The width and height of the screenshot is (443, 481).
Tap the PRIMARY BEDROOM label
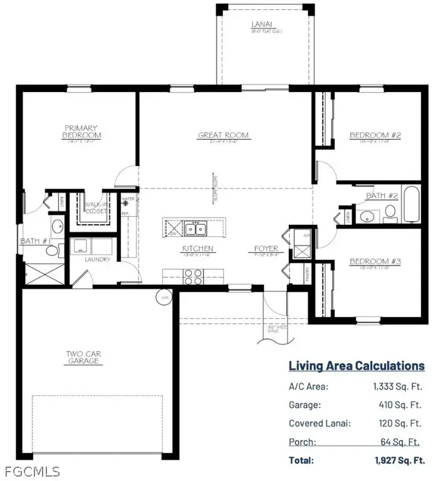[81, 132]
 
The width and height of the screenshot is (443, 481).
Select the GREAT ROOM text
[223, 135]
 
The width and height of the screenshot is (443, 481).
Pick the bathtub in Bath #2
[412, 204]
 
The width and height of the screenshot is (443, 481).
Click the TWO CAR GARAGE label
[83, 358]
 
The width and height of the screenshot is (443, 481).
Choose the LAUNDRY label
[97, 259]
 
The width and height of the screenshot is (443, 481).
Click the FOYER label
[266, 249]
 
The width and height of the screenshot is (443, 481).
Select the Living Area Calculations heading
[356, 366]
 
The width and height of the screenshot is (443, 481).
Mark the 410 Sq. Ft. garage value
[401, 405]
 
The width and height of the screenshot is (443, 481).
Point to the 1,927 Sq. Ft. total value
[399, 460]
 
